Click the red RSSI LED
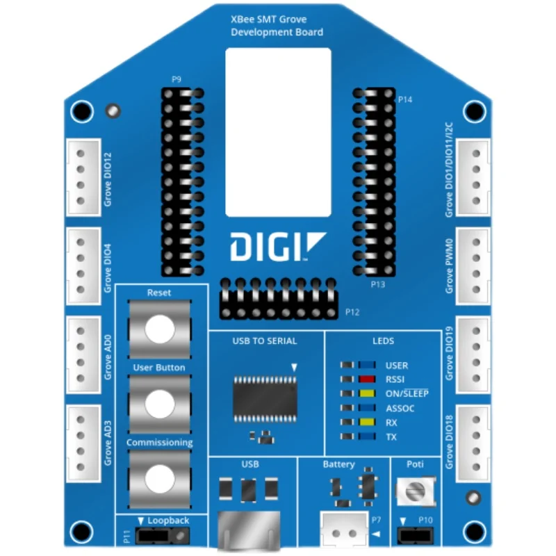point(367,379)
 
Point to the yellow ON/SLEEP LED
point(367,394)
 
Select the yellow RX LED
point(367,423)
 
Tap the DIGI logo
point(277,247)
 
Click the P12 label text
point(352,313)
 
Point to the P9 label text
point(177,79)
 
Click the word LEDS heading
point(383,341)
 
